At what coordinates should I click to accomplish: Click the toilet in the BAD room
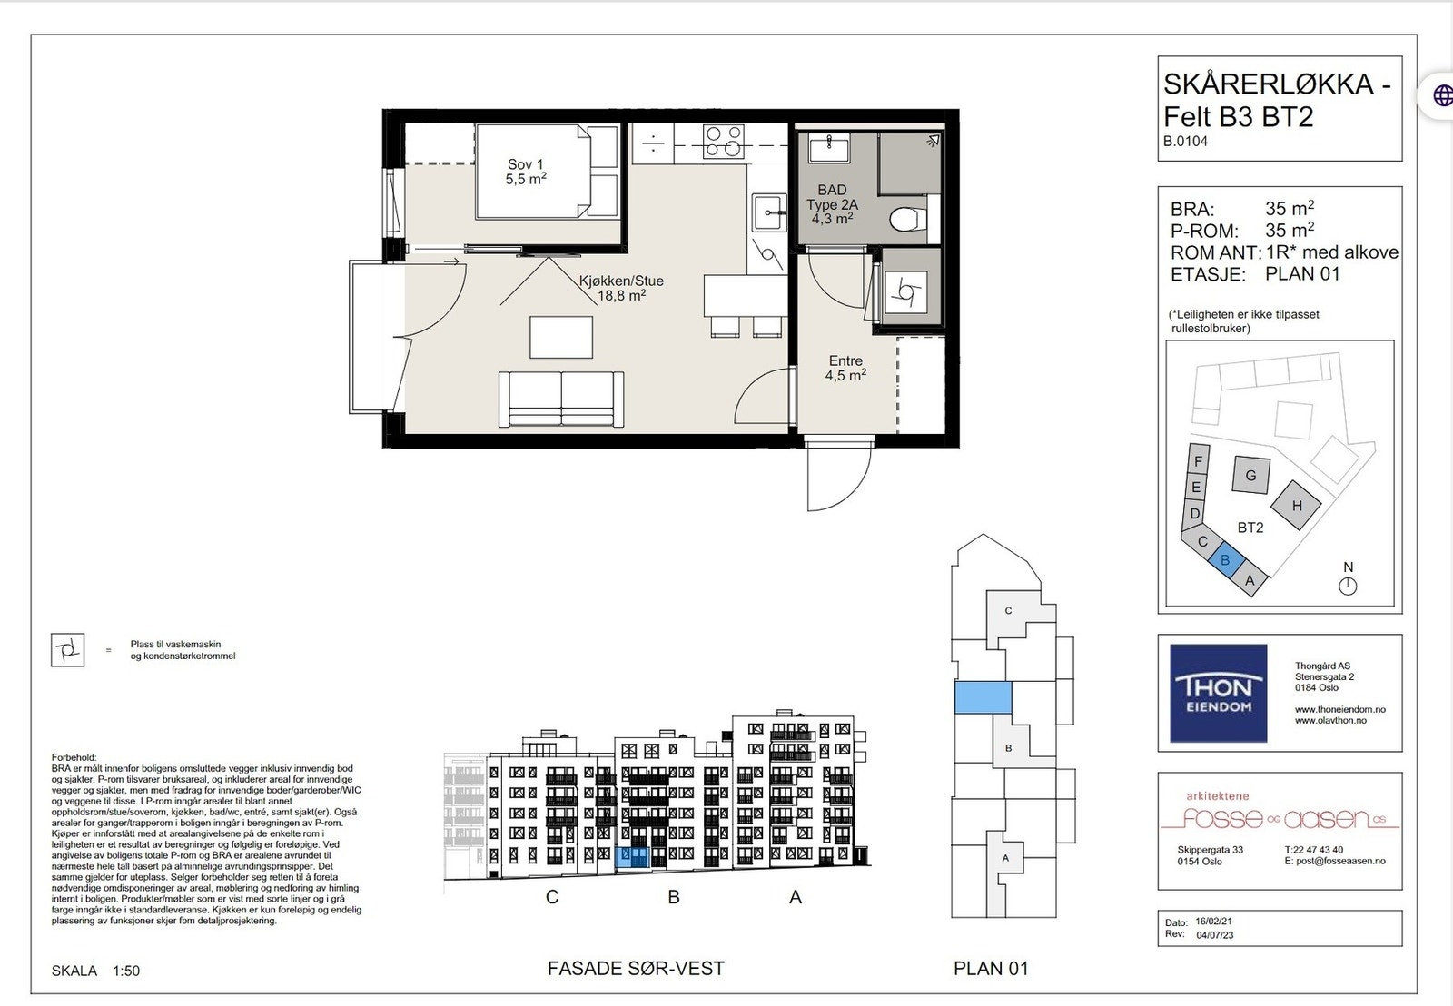[x=907, y=220]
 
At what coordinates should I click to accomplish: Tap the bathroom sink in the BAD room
[x=829, y=149]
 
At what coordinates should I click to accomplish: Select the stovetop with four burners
[x=723, y=142]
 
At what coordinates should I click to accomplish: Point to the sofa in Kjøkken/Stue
[x=561, y=399]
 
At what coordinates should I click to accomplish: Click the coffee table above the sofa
[x=561, y=337]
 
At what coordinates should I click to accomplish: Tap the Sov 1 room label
[x=526, y=172]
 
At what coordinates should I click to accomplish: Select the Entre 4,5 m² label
[x=845, y=368]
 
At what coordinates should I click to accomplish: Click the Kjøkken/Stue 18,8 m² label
[x=621, y=288]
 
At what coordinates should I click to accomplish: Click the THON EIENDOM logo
[x=1218, y=693]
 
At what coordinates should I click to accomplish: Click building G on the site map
[x=1250, y=475]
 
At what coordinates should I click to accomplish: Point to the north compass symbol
[x=1348, y=587]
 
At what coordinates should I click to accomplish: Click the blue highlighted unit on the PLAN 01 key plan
[x=983, y=697]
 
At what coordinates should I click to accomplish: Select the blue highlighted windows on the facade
[x=631, y=857]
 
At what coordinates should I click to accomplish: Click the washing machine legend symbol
[x=67, y=650]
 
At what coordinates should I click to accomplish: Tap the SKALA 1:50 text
[x=95, y=971]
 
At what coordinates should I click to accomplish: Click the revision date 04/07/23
[x=1214, y=935]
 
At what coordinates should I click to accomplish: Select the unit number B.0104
[x=1186, y=141]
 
